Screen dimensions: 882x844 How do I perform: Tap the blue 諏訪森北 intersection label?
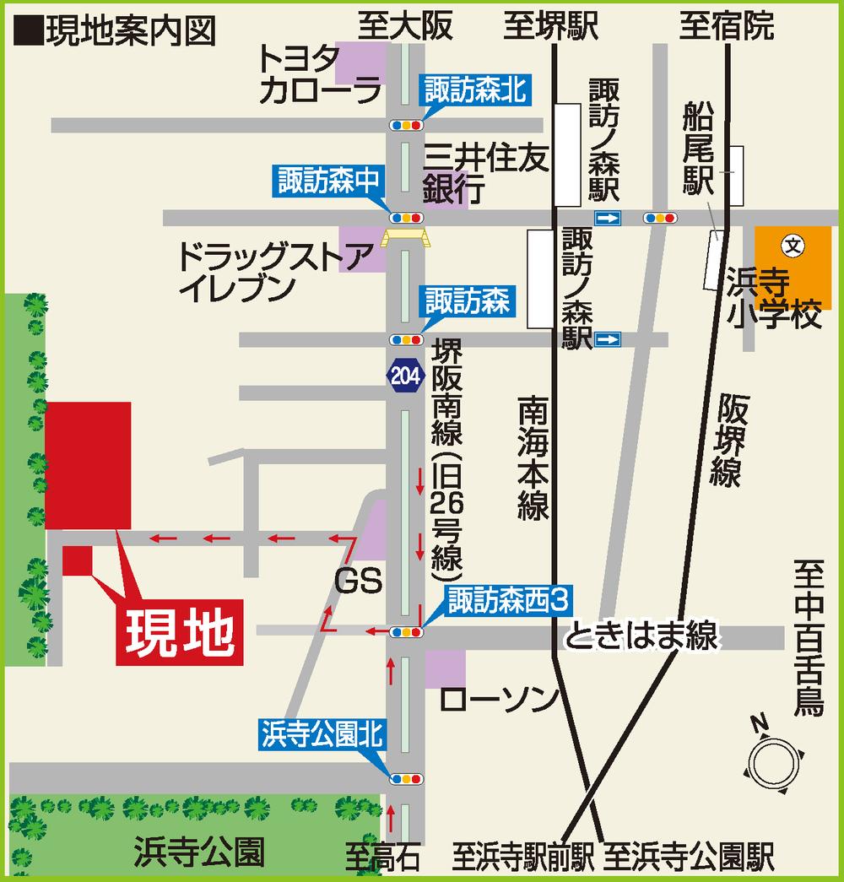[x=473, y=89]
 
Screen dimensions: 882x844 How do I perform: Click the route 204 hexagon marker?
[x=403, y=375]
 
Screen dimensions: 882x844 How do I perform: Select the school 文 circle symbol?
[x=794, y=246]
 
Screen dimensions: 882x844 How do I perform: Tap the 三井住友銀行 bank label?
[x=486, y=174]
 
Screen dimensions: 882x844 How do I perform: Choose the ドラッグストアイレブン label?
[x=274, y=271]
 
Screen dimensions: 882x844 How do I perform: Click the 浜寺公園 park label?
[x=199, y=853]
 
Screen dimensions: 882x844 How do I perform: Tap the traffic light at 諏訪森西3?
[x=406, y=631]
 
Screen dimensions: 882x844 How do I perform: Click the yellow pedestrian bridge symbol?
[x=405, y=237]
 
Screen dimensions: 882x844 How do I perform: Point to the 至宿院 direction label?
[x=727, y=27]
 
